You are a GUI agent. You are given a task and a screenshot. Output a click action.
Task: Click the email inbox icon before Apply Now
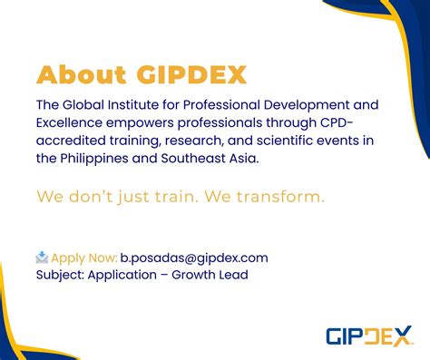tap(42, 258)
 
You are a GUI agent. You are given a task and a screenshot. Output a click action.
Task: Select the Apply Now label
tap(83, 258)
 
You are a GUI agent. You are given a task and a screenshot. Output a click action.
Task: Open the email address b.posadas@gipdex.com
tap(193, 258)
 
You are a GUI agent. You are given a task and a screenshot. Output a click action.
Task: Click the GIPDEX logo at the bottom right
tap(368, 336)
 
